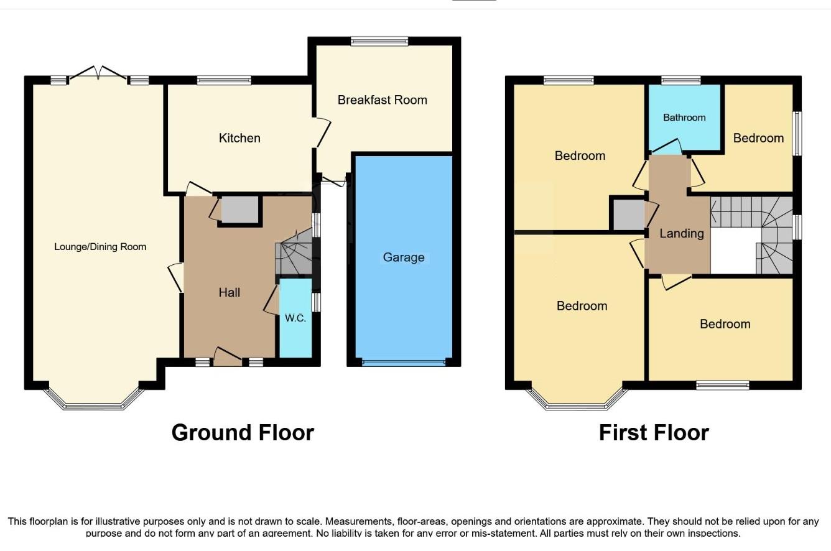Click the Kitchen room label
tap(239, 138)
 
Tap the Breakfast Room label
tap(382, 100)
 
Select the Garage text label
tap(404, 257)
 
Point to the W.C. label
tap(295, 318)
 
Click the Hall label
tap(230, 292)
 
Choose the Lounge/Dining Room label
tap(100, 246)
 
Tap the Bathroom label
tap(684, 118)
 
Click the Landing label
tap(682, 233)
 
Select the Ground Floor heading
tap(243, 432)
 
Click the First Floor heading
tap(654, 432)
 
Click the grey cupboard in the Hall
tap(239, 210)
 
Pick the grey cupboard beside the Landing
tap(628, 215)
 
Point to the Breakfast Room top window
tap(379, 41)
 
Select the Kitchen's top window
tap(224, 80)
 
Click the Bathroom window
tap(680, 80)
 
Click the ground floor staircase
tap(294, 252)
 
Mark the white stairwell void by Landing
tap(733, 251)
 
